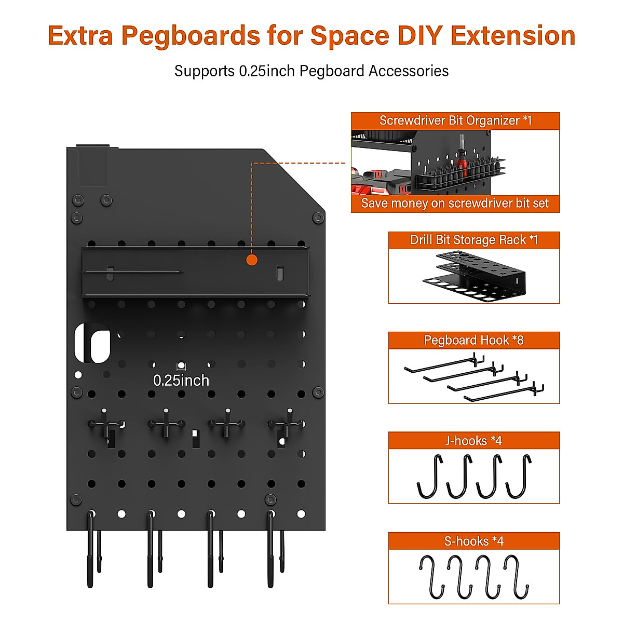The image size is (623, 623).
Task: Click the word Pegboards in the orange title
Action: tap(191, 36)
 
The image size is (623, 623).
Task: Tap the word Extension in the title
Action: tap(513, 36)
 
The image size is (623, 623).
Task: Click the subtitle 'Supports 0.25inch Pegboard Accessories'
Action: tap(311, 71)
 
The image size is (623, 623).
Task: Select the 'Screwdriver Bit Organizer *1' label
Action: tap(455, 120)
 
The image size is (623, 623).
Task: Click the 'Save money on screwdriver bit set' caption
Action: tap(455, 204)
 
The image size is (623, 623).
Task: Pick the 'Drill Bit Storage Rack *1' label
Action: tap(473, 240)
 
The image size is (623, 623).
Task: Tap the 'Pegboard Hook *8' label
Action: tap(473, 340)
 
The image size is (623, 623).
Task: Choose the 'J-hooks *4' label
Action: tap(473, 441)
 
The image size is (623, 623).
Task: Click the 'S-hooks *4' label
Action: tap(473, 541)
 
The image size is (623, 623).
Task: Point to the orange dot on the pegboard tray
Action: tap(252, 260)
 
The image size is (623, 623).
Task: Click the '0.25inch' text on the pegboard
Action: tap(181, 381)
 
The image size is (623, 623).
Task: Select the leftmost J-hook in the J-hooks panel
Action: tap(430, 477)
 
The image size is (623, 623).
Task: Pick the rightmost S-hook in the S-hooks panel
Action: tap(517, 576)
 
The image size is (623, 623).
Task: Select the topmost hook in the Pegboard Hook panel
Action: tap(444, 362)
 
